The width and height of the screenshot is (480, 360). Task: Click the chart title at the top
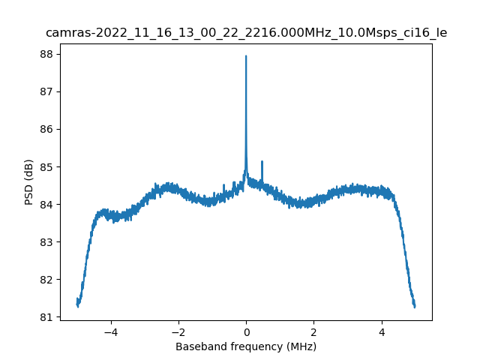[246, 33]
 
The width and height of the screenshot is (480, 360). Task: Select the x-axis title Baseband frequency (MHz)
[246, 346]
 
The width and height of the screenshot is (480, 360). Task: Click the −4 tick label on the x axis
[110, 331]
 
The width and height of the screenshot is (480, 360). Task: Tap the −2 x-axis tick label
[178, 331]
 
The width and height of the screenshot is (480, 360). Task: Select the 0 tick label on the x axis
[246, 331]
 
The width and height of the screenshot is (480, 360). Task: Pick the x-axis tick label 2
[313, 331]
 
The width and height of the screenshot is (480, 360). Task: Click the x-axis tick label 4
[381, 331]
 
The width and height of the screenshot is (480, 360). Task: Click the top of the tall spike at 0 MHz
[246, 56]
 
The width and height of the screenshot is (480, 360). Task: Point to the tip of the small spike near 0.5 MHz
[262, 161]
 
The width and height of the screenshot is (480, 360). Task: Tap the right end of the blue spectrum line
[415, 306]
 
